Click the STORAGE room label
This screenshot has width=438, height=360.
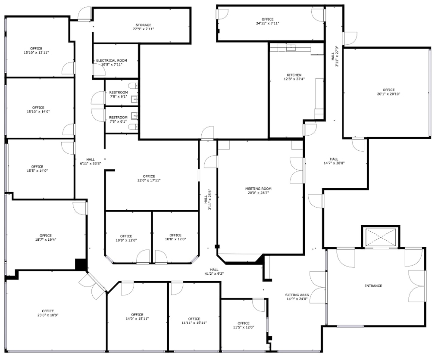[144, 25]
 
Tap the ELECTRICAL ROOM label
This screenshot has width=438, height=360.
[112, 60]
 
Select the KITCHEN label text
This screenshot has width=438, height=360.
[294, 75]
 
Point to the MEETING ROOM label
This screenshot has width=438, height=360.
[258, 189]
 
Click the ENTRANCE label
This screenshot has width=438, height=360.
[373, 286]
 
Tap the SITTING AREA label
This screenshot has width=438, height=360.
[297, 295]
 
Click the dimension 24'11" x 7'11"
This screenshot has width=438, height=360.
[267, 24]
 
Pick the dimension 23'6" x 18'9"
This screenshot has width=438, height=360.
[48, 315]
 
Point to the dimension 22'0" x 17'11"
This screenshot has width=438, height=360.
[149, 180]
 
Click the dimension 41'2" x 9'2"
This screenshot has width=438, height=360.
[214, 273]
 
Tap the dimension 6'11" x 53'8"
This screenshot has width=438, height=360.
[91, 164]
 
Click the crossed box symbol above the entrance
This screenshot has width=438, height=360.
[381, 237]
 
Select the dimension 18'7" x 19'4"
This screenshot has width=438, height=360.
[46, 240]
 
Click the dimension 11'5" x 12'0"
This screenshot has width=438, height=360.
[243, 327]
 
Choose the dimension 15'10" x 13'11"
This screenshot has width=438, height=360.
[36, 53]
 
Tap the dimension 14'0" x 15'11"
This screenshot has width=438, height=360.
[137, 319]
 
